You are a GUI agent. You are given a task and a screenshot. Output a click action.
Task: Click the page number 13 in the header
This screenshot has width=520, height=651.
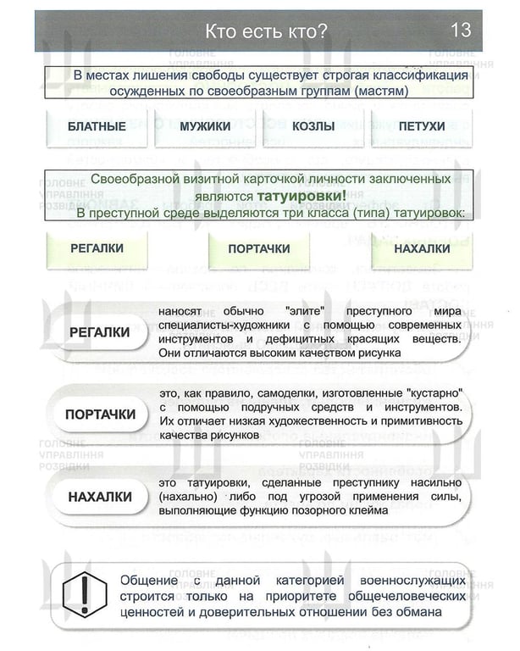pos(461,31)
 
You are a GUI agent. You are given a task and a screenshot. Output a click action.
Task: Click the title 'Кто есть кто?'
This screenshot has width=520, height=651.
pos(266,31)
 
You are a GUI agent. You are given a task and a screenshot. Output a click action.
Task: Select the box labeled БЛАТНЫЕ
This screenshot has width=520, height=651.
pos(97,126)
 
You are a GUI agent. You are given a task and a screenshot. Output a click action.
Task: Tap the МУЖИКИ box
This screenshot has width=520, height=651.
pos(205,126)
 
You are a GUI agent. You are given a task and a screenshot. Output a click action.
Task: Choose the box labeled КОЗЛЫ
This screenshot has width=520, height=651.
pos(313,126)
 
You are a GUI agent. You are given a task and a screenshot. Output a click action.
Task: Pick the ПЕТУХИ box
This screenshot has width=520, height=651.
pos(421,126)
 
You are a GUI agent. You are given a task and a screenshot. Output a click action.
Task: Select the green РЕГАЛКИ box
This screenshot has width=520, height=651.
pos(97,248)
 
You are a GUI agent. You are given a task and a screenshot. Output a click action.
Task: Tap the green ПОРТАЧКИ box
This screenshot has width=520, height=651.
pos(259,249)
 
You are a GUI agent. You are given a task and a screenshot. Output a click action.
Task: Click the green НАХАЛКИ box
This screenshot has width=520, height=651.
pos(422,248)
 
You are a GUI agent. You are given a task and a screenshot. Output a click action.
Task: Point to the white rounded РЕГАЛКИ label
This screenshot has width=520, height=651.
pos(100,331)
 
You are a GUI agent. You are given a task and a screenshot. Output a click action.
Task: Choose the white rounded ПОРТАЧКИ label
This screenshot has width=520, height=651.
pos(101,415)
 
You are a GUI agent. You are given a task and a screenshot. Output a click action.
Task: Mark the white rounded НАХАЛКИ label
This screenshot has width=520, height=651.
pos(100,497)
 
